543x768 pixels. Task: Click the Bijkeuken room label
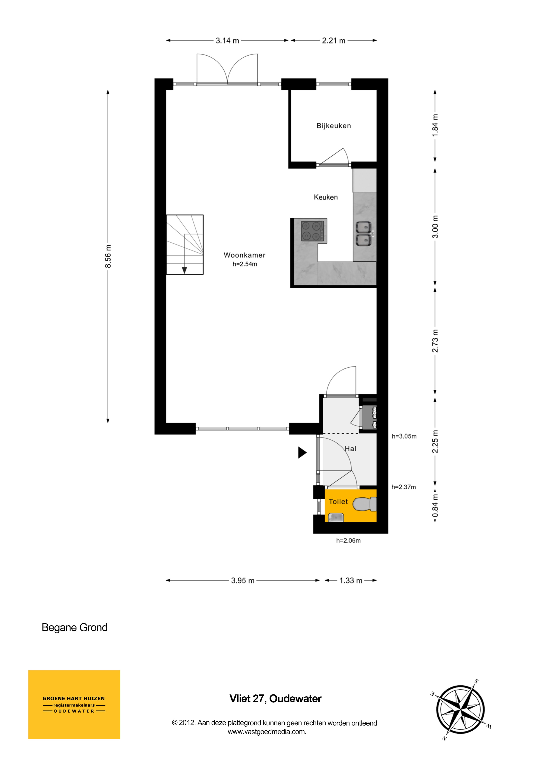(x=333, y=126)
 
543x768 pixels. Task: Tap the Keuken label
(x=326, y=197)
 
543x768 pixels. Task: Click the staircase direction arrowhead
(x=184, y=270)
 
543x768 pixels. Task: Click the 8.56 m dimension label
(x=108, y=256)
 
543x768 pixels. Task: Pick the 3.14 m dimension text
(x=227, y=41)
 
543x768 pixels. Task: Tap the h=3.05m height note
(x=404, y=436)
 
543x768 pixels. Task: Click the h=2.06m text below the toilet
(x=348, y=541)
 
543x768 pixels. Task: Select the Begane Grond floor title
(x=75, y=627)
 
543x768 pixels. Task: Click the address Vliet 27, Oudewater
(x=275, y=698)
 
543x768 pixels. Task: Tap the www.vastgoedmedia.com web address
(x=267, y=731)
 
